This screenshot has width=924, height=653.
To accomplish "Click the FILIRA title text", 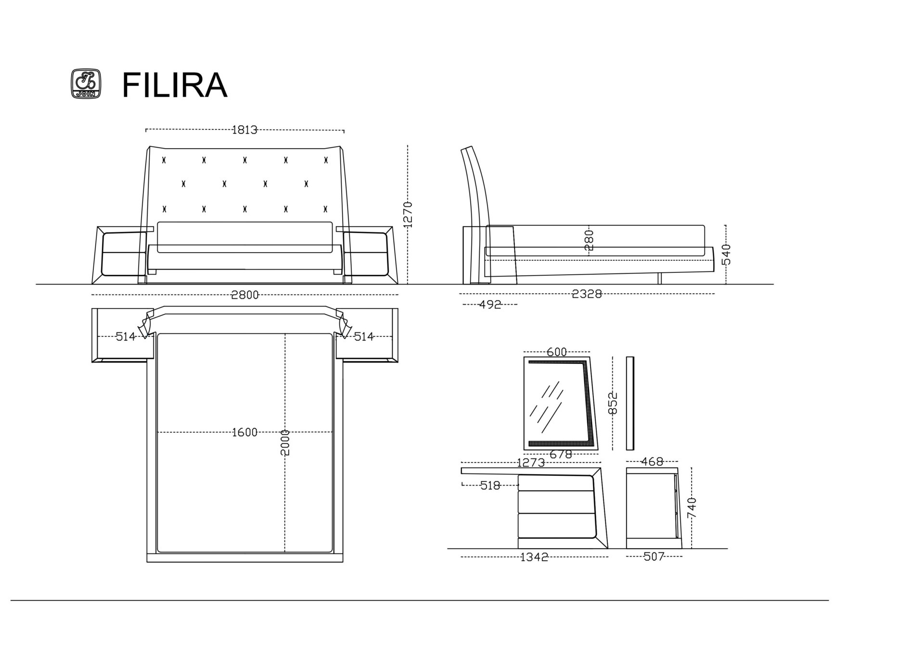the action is coord(174,85).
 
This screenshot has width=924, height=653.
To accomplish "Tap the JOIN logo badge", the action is coord(86,84).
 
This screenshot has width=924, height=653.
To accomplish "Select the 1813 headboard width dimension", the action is coord(244,129).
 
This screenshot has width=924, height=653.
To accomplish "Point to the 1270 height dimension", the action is coord(408,214).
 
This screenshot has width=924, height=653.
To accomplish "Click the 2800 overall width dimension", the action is coord(245,294).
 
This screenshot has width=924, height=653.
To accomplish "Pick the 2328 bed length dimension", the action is coord(587,294).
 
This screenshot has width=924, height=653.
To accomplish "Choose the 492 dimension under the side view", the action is coord(490,304).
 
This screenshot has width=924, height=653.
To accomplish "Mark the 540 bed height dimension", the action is coord(726,254).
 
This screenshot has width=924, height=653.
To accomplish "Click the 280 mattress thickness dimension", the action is coord(589,240).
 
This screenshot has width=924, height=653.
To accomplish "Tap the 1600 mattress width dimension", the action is coord(244,432).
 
